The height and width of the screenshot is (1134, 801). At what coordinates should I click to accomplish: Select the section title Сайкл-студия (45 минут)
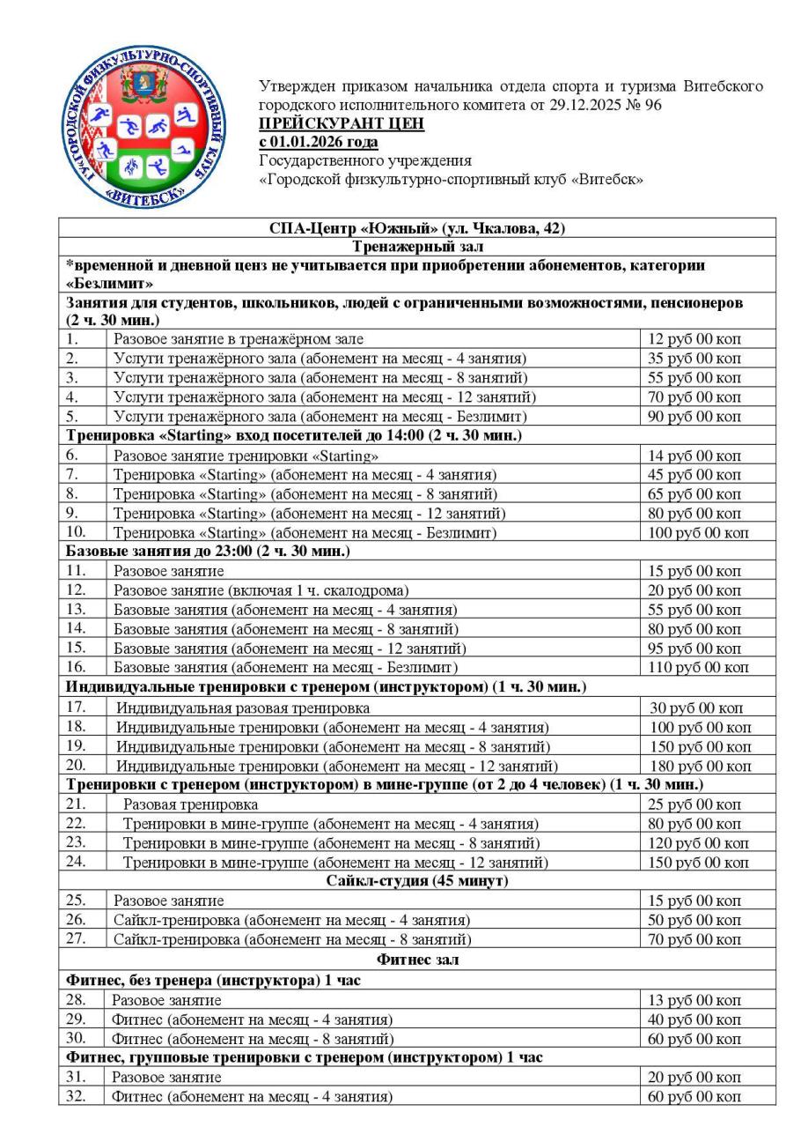[417, 880]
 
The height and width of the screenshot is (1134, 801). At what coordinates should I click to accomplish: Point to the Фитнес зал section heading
[417, 960]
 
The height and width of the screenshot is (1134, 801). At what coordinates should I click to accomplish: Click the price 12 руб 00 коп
[694, 338]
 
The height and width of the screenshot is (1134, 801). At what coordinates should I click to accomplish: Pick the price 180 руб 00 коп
[700, 765]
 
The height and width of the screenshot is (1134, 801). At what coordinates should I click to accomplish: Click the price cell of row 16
[700, 668]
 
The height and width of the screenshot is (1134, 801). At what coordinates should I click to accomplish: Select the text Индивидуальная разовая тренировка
[244, 708]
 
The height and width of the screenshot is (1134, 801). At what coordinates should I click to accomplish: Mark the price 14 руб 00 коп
[694, 456]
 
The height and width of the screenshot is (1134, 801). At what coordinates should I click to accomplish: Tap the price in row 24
[700, 862]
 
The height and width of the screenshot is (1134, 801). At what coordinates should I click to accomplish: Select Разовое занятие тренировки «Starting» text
[246, 456]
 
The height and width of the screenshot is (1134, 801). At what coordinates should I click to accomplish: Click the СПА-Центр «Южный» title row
[417, 228]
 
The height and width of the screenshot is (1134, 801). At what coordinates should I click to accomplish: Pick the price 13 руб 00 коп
[694, 999]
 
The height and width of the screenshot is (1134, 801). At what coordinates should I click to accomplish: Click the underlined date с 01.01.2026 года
[319, 142]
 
